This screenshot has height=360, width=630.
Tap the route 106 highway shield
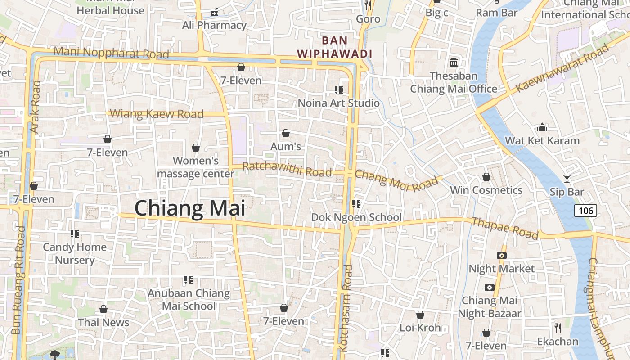(x=585, y=210)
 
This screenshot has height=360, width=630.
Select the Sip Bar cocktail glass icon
(x=567, y=179)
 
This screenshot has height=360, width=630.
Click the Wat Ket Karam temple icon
(x=542, y=127)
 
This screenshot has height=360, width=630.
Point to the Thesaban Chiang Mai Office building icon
(x=454, y=62)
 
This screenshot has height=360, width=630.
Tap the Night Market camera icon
(x=501, y=255)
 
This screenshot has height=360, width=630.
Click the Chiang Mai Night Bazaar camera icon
(x=490, y=287)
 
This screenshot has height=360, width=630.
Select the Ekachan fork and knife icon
(x=558, y=327)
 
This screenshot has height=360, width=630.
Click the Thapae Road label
(x=504, y=228)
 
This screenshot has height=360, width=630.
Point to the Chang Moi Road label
(x=396, y=180)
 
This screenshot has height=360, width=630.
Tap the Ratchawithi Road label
(x=287, y=169)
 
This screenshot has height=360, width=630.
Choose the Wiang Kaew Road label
(x=157, y=114)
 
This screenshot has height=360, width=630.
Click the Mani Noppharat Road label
(x=111, y=52)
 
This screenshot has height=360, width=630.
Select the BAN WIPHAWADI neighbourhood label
(x=335, y=47)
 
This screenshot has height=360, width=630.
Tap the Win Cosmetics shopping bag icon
(x=486, y=177)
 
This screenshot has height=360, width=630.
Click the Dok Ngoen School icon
(x=356, y=204)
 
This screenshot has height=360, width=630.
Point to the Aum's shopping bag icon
(x=285, y=133)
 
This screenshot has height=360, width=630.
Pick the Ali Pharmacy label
(x=214, y=25)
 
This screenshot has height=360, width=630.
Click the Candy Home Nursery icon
(x=75, y=234)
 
